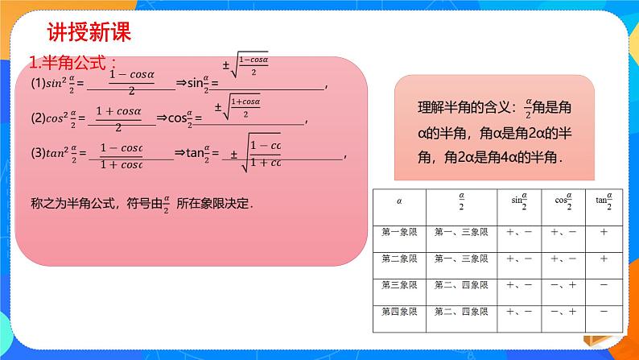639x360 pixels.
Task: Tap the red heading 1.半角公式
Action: click(x=72, y=64)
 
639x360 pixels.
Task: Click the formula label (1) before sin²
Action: click(x=37, y=85)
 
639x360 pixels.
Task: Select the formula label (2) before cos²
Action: click(x=37, y=118)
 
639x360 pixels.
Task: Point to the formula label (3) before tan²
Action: click(x=37, y=153)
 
